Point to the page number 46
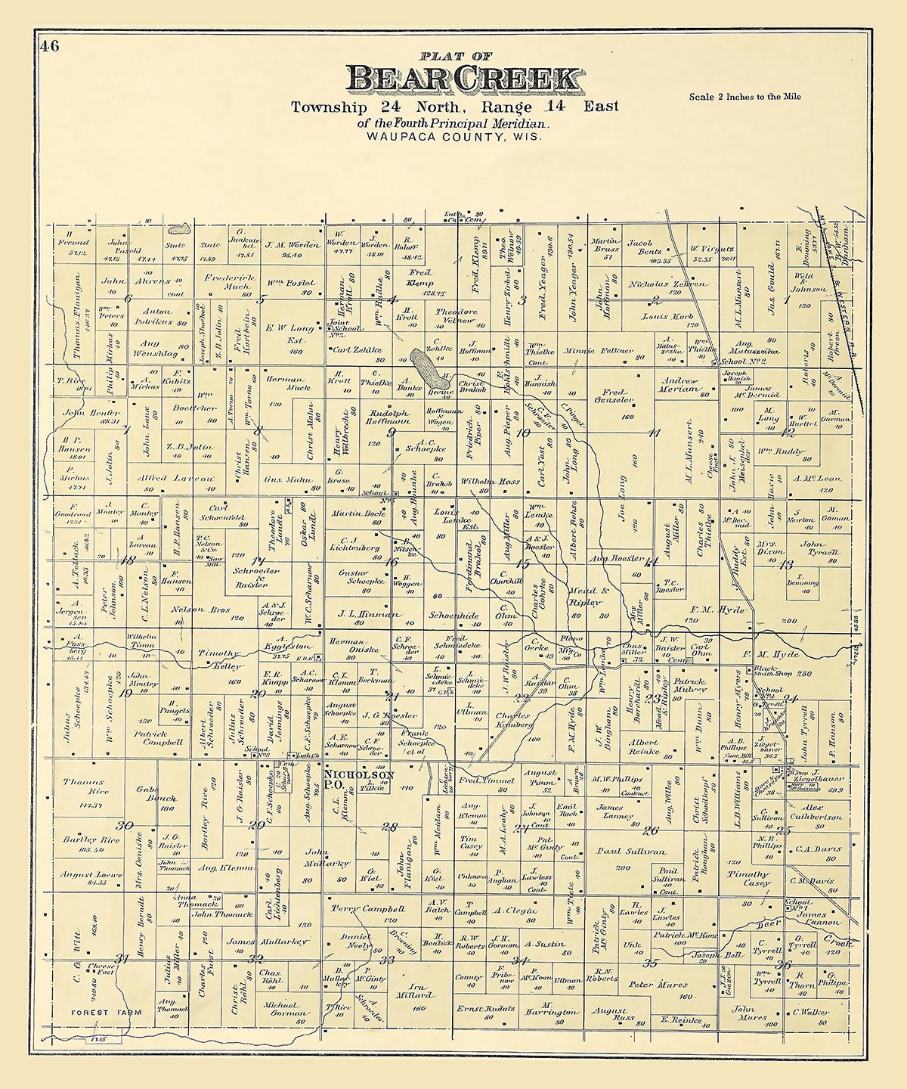(50, 46)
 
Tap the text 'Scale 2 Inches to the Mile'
(744, 97)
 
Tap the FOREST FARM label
(101, 1012)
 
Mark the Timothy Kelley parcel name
(221, 659)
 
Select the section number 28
(388, 827)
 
